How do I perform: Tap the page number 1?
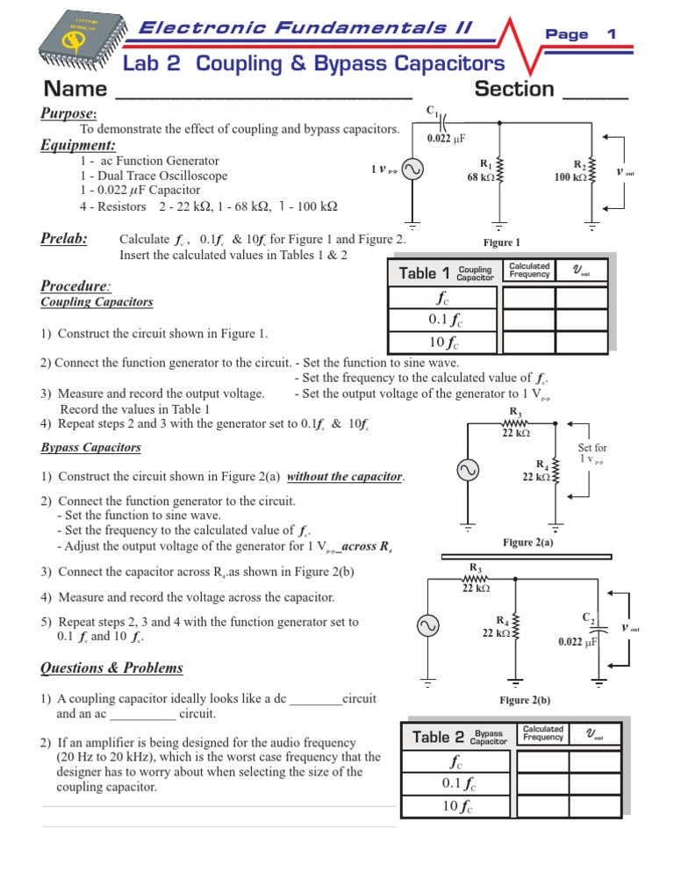pyautogui.click(x=612, y=33)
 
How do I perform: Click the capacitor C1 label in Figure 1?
pyautogui.click(x=433, y=111)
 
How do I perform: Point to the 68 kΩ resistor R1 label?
pyautogui.click(x=484, y=170)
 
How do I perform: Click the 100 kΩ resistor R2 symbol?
pyautogui.click(x=592, y=171)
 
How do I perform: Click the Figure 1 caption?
pyautogui.click(x=501, y=242)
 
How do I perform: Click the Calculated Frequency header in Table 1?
pyautogui.click(x=529, y=271)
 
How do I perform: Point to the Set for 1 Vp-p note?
pyautogui.click(x=592, y=454)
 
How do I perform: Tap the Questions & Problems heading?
pyautogui.click(x=112, y=667)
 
